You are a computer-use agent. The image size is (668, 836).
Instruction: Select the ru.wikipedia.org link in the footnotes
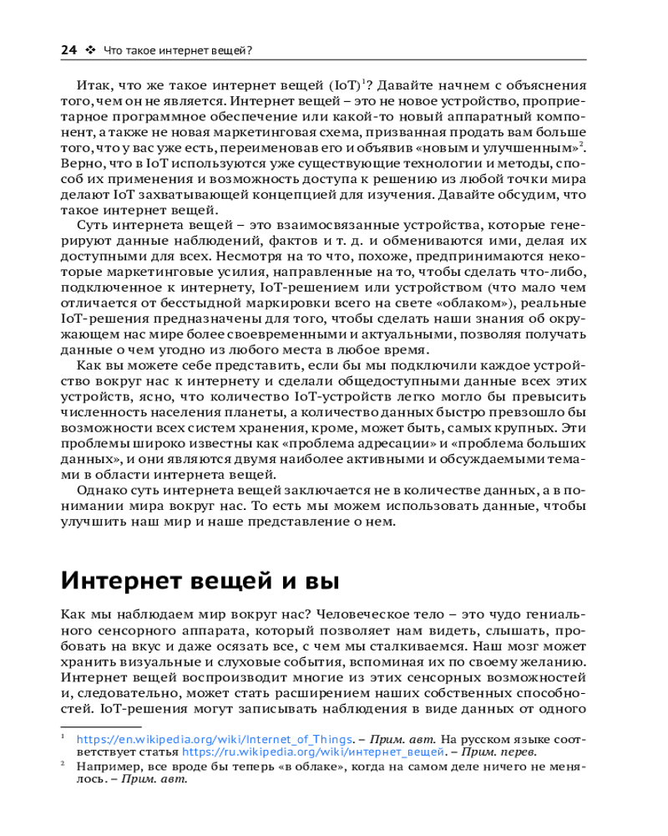click(314, 752)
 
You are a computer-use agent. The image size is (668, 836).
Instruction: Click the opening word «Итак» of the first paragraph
click(91, 86)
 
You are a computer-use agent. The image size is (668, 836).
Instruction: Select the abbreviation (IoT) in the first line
click(345, 86)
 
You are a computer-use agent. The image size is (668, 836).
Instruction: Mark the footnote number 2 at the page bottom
click(64, 765)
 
